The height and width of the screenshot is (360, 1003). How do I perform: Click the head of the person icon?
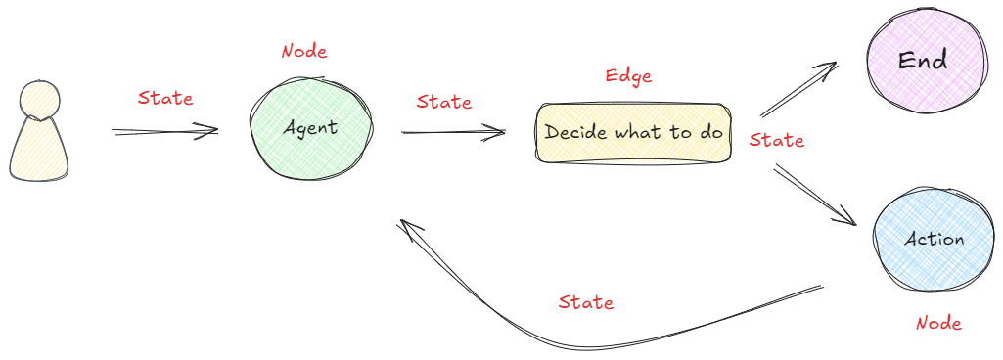(39, 101)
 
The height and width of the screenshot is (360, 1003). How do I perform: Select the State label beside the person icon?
(165, 98)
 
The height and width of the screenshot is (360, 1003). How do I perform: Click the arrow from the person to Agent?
(163, 131)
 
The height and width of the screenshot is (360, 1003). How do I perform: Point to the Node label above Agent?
(304, 51)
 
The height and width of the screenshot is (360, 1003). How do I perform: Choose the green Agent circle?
(311, 128)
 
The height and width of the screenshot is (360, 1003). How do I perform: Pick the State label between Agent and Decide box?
(443, 102)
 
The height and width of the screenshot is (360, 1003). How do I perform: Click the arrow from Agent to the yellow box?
(453, 132)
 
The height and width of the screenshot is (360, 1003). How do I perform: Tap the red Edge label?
(628, 75)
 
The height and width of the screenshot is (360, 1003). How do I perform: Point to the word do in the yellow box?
(711, 132)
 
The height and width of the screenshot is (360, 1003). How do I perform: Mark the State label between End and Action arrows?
(777, 140)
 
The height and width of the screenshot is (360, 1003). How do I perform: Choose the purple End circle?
(923, 60)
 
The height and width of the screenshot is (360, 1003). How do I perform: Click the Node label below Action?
(938, 323)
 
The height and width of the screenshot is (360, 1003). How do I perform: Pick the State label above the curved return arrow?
(586, 302)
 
